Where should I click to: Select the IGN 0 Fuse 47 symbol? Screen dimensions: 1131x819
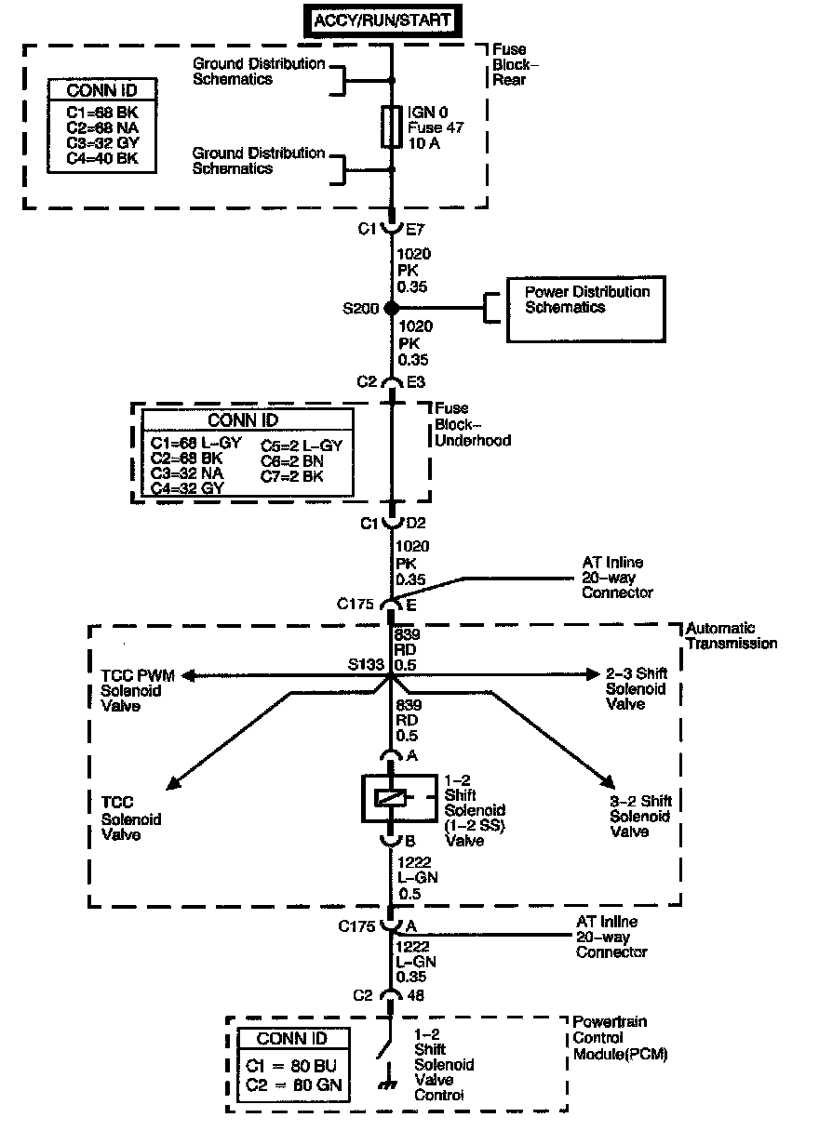(x=392, y=126)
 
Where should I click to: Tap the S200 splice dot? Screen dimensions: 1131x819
(x=392, y=308)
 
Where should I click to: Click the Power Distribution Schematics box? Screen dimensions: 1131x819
(x=584, y=309)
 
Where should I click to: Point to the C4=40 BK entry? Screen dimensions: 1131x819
(x=101, y=159)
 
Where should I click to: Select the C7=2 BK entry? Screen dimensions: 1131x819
(x=292, y=475)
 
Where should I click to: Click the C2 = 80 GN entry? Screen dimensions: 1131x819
(x=293, y=1084)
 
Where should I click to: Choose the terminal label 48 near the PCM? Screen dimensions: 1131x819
(x=414, y=995)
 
